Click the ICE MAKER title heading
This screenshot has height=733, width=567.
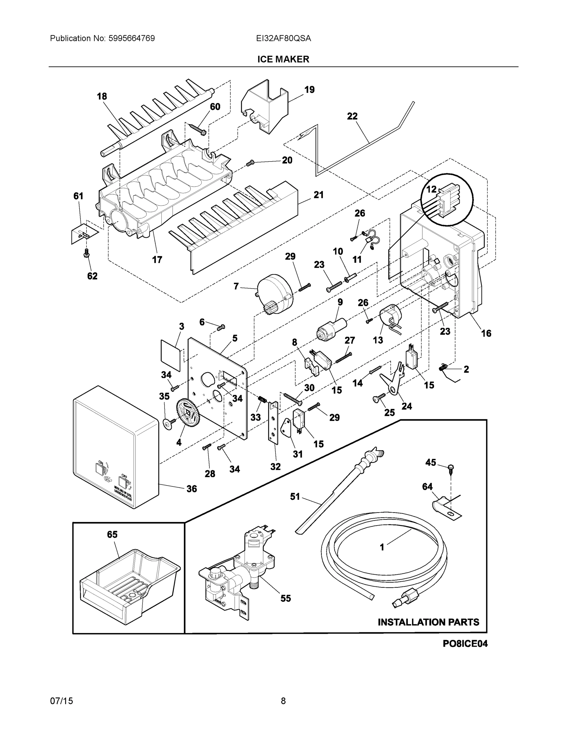coord(283,60)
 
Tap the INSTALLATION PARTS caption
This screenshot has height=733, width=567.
coord(428,622)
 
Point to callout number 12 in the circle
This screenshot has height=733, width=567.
coord(431,189)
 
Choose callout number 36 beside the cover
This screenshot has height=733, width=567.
coord(191,489)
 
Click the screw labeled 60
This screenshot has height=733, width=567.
coord(198,129)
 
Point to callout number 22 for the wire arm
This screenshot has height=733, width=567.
coord(352,116)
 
